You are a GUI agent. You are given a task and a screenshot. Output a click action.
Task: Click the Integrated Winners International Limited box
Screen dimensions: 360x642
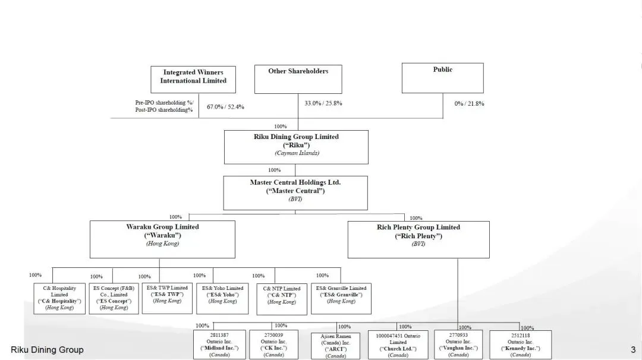193,79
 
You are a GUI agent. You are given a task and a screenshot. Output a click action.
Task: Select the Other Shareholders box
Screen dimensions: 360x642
298,79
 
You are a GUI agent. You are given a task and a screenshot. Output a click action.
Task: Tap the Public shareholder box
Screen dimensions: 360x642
442,78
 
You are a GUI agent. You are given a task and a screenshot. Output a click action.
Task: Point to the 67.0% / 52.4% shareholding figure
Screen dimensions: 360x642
225,107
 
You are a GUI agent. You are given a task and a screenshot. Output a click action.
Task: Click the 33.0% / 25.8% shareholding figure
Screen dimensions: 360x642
323,103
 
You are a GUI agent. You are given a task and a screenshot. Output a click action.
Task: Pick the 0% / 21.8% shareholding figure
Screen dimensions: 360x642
469,103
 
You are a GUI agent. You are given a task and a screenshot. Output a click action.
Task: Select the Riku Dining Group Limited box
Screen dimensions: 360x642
295,147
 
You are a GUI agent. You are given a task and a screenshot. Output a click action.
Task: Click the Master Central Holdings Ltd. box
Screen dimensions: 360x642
295,192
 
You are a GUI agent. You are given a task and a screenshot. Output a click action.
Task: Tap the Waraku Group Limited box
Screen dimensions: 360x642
162,239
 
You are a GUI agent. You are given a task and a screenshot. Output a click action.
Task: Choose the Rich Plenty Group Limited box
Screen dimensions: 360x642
418,239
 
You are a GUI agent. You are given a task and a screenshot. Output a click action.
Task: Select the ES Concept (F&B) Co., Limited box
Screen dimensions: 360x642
114,298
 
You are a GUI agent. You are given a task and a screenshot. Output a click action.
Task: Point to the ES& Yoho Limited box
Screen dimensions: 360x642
222,298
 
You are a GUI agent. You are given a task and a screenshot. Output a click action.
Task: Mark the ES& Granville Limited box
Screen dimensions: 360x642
341,298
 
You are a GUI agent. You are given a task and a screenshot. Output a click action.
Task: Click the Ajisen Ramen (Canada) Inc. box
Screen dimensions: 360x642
335,345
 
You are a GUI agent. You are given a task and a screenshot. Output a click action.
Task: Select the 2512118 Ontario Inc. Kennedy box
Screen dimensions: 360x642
520,345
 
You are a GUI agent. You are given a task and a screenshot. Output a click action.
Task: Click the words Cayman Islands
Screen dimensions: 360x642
297,153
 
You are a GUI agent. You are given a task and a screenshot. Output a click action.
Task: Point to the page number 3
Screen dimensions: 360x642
632,349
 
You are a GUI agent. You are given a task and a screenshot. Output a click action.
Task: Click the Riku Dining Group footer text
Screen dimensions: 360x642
47,349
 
